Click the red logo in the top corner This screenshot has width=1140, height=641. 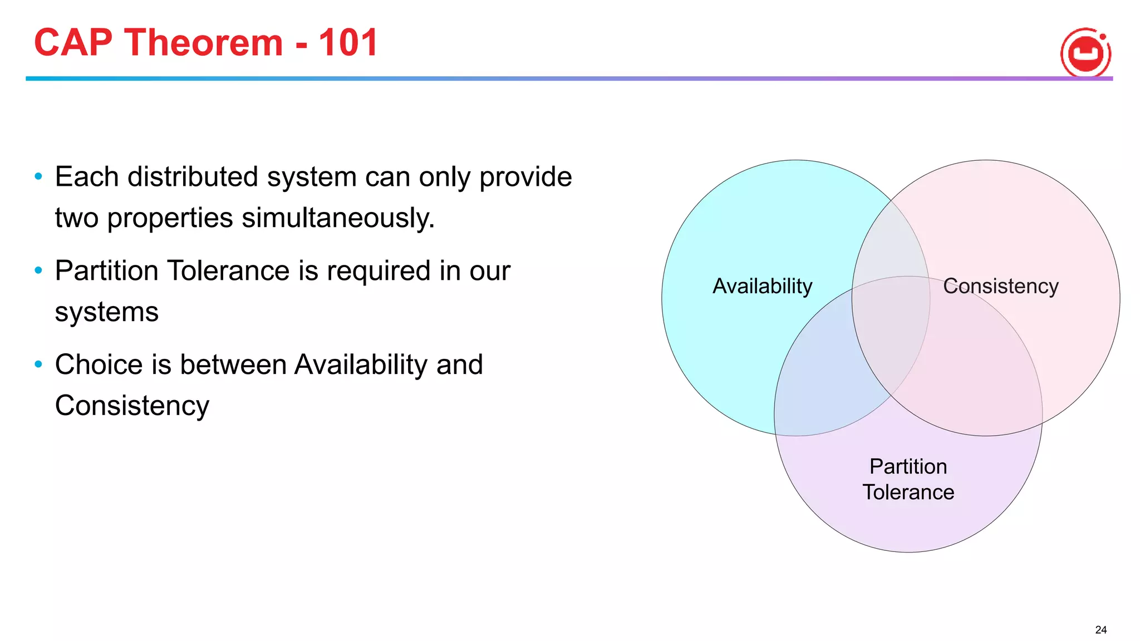click(1085, 53)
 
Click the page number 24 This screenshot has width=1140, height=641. click(1100, 630)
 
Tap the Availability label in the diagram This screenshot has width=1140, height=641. click(762, 286)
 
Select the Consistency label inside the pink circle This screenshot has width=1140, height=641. click(1000, 286)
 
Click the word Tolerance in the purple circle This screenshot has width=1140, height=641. click(908, 492)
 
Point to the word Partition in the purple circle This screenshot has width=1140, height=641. click(908, 466)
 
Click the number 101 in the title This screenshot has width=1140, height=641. click(348, 43)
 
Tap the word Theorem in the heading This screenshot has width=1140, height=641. click(203, 43)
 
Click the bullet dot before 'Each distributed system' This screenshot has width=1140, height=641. click(38, 177)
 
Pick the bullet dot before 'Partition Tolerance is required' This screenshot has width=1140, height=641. click(38, 271)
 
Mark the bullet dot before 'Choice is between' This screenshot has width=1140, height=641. click(38, 364)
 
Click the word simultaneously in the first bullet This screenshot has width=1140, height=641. click(338, 218)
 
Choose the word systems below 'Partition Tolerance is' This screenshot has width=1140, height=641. click(106, 312)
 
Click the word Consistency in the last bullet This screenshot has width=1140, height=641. click(132, 406)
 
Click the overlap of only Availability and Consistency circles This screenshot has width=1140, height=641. click(891, 239)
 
